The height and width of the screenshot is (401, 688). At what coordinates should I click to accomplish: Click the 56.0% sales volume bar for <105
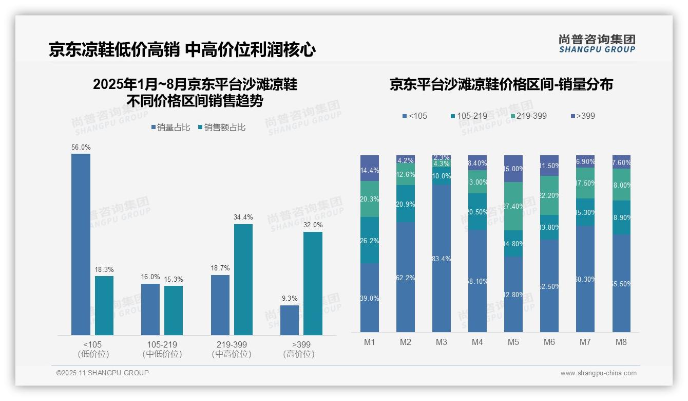81,244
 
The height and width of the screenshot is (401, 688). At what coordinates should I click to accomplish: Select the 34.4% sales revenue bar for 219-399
243,280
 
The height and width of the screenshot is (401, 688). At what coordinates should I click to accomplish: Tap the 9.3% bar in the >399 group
290,320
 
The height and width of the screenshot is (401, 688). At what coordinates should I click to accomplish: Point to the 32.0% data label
313,225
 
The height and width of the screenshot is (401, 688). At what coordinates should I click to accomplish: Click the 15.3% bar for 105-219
174,311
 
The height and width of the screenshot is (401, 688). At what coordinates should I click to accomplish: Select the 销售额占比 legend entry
222,127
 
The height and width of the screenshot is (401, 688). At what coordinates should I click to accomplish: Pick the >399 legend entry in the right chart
582,116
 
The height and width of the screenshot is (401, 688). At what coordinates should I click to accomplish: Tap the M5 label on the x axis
513,342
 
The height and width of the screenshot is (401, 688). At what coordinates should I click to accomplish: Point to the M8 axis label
621,342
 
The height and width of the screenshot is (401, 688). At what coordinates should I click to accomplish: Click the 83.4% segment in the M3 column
442,259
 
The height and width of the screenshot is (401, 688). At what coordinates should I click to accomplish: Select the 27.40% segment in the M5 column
513,206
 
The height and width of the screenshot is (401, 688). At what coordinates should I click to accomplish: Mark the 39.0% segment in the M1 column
370,298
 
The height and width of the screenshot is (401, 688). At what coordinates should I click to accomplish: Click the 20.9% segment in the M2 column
406,204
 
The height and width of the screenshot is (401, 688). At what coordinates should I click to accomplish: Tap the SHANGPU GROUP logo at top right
597,44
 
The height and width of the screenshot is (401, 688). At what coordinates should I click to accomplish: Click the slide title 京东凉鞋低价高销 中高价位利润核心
182,49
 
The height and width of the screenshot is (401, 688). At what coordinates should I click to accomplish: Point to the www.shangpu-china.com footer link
598,373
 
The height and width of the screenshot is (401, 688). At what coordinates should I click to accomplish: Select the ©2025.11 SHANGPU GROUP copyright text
103,373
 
